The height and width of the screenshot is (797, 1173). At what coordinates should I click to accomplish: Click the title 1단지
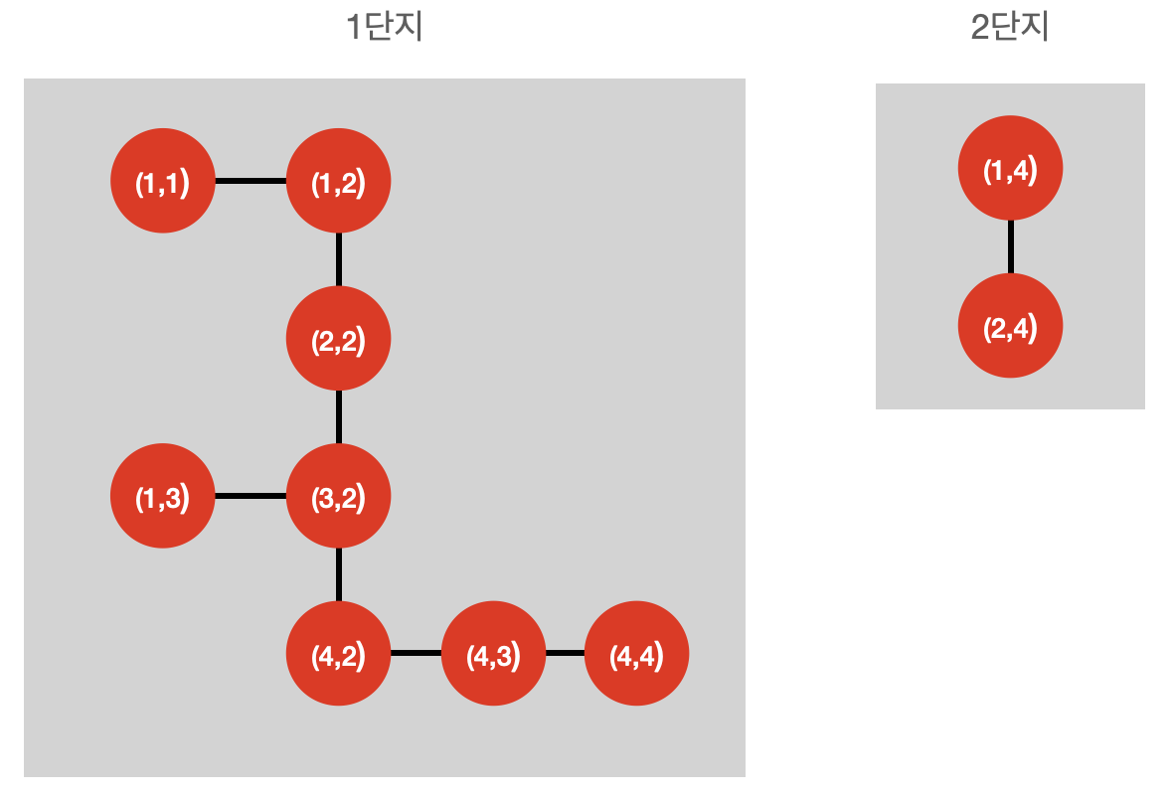pos(384,28)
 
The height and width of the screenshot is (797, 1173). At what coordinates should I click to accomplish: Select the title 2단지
pos(1010,28)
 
